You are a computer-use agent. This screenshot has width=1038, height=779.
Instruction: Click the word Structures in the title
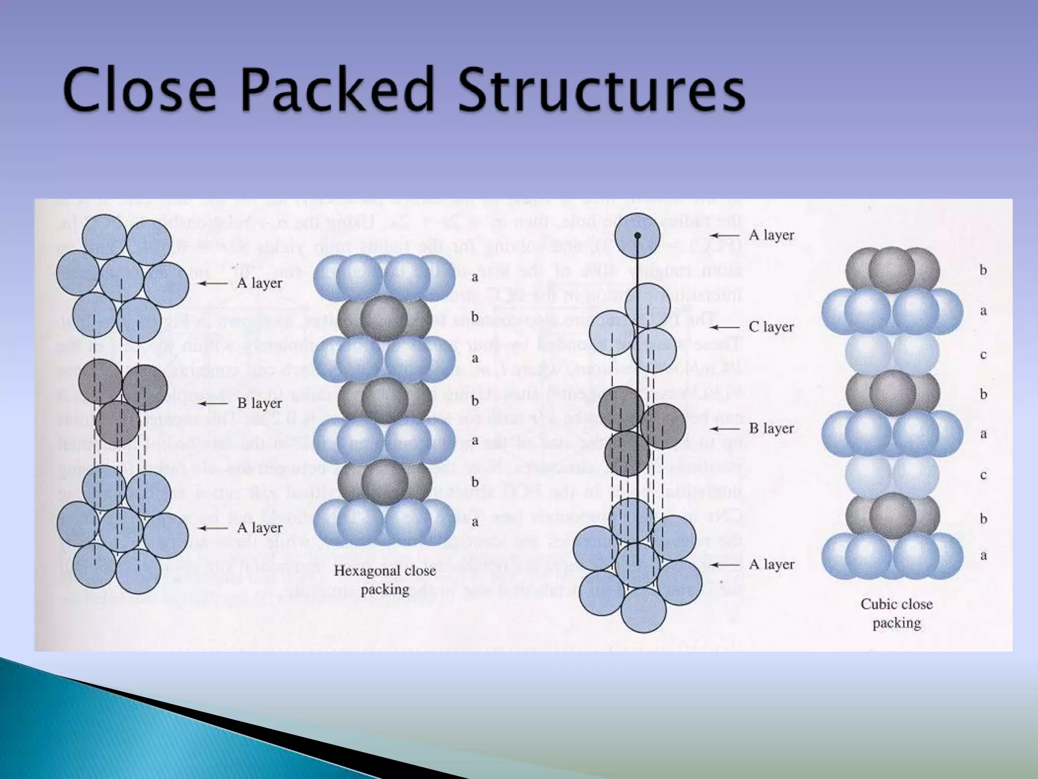(602, 90)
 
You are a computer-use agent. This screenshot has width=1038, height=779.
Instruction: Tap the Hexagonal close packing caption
(385, 580)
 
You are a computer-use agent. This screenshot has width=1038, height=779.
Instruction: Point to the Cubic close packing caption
(897, 613)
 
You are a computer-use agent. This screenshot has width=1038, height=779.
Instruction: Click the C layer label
(771, 327)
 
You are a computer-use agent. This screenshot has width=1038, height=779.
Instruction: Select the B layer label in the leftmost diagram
(259, 403)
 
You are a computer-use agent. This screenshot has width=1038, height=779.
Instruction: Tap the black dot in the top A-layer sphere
(638, 236)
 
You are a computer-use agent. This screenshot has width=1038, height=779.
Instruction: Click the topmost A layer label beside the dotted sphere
(771, 235)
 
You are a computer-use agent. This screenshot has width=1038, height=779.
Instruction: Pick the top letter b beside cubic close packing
(983, 270)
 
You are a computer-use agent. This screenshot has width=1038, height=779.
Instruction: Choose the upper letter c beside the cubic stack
(983, 355)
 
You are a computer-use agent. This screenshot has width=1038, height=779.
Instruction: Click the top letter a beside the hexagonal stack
(475, 277)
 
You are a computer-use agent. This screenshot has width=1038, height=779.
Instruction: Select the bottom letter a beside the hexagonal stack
(475, 522)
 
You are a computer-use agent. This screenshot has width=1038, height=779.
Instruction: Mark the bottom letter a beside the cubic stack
(983, 555)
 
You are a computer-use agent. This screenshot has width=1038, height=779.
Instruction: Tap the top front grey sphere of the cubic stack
(892, 270)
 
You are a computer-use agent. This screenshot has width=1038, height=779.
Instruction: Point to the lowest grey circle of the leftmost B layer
(117, 423)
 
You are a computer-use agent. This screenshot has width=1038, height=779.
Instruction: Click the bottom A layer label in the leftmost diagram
(259, 528)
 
